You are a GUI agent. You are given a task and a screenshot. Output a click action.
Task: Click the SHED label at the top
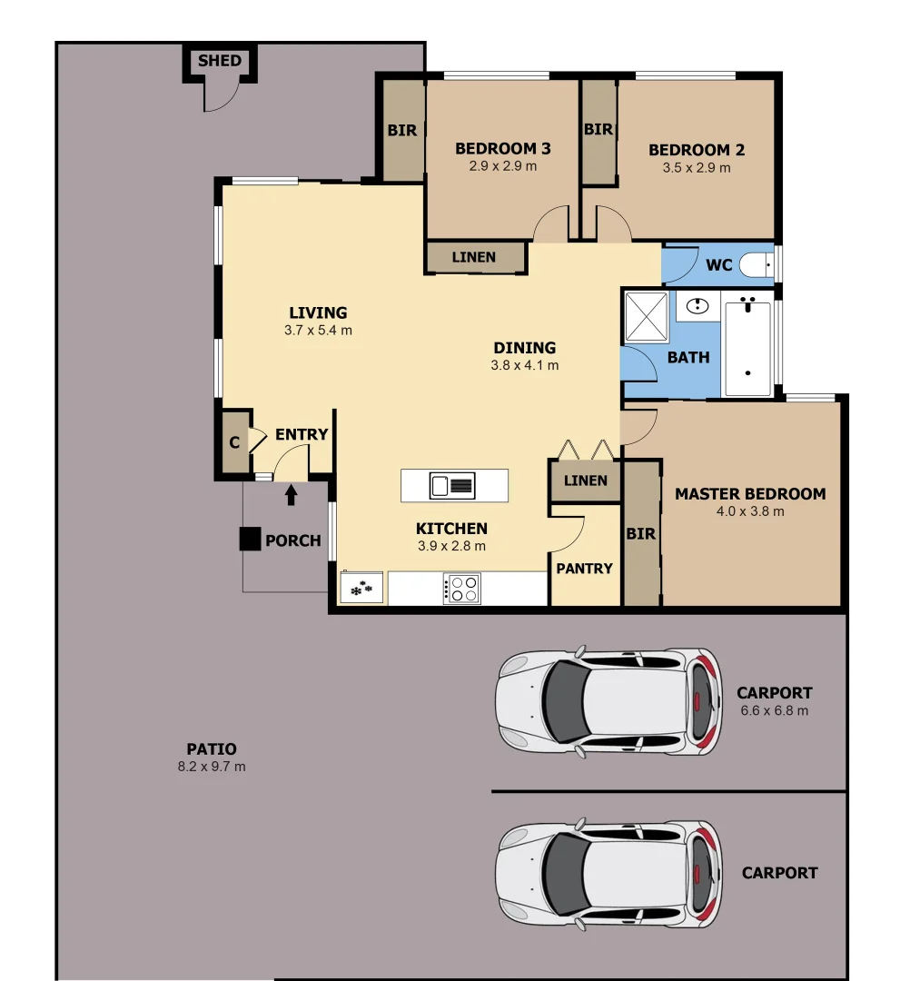tap(220, 61)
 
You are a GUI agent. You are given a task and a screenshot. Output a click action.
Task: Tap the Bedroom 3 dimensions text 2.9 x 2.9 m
tap(502, 166)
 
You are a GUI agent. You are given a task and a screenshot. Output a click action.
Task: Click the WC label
tap(718, 266)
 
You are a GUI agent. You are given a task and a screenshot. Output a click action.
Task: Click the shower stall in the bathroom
tap(647, 317)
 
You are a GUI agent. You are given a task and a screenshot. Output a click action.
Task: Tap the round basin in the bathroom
tap(697, 305)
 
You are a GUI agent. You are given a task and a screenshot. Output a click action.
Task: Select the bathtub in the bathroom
tap(747, 348)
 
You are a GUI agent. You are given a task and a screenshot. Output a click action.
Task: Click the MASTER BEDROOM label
tap(750, 494)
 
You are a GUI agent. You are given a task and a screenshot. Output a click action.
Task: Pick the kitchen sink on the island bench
tap(452, 486)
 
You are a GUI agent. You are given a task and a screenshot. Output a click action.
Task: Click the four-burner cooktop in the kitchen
tap(461, 589)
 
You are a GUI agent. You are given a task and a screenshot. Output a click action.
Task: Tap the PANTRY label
tap(584, 569)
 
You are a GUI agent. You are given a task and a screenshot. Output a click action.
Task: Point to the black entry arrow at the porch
tap(292, 494)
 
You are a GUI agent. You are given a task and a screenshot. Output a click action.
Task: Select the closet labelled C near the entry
tap(234, 443)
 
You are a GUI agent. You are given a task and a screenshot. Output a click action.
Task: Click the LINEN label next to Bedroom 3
tap(474, 257)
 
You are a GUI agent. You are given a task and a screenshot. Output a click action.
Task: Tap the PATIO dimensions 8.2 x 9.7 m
tap(212, 767)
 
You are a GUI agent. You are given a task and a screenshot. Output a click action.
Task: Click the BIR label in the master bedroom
tap(640, 534)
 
